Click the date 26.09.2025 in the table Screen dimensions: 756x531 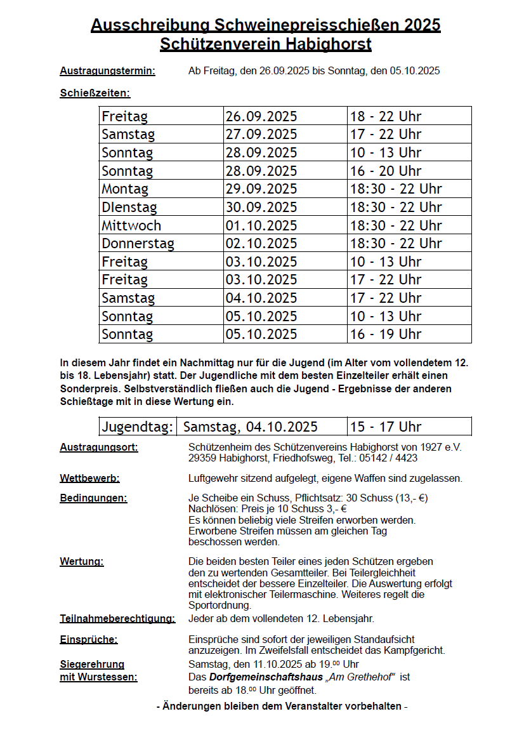point(261,116)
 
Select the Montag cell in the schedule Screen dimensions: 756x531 point(125,189)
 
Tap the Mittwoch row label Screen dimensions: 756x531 point(131,225)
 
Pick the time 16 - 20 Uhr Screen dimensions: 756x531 point(386,171)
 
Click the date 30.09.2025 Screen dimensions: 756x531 point(261,208)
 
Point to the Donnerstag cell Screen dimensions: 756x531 point(138,244)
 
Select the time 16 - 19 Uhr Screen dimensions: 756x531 point(386,334)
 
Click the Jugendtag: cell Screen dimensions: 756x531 point(138,427)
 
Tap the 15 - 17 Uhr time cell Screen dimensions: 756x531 point(386,427)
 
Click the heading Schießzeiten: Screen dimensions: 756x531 point(95,93)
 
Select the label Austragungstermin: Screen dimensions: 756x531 point(107,71)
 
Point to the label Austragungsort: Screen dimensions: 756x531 point(99,447)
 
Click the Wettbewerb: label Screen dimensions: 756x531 point(89,478)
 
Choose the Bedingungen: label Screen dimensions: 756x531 point(93,498)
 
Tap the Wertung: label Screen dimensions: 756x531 point(82,561)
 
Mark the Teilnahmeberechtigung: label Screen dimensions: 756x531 point(117,618)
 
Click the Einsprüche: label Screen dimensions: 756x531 point(89,639)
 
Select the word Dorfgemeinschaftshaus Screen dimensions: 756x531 point(266,677)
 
